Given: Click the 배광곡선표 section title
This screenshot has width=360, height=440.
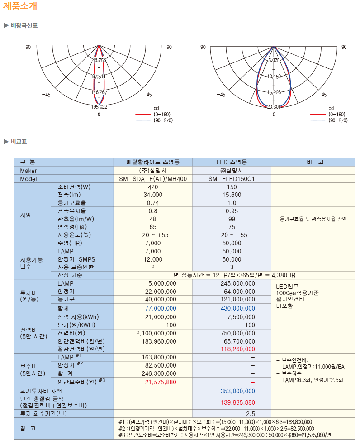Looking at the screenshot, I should click(24, 25).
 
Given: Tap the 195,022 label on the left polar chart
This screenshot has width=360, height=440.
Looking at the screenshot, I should click(99, 107).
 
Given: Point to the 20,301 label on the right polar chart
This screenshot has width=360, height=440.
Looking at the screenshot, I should click(274, 107).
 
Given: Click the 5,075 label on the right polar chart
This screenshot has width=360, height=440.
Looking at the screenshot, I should click(274, 60).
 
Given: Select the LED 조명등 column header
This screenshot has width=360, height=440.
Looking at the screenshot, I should click(232, 162).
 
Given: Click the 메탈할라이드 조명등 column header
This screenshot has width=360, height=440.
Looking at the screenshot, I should click(153, 162).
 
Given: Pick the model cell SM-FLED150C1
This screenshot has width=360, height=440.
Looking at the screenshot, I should click(232, 179).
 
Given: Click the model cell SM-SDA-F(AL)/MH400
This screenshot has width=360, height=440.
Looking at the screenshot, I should click(153, 179).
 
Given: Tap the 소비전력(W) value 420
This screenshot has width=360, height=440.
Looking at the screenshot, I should click(153, 187).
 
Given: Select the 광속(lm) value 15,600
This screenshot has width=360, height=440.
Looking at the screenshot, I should click(232, 195).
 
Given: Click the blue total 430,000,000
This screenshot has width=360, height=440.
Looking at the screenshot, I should click(232, 308).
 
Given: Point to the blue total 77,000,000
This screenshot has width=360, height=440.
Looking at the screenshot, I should click(153, 308).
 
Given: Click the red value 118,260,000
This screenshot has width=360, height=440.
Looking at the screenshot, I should click(232, 349).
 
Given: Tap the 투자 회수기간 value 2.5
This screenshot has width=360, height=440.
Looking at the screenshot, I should click(251, 414).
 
